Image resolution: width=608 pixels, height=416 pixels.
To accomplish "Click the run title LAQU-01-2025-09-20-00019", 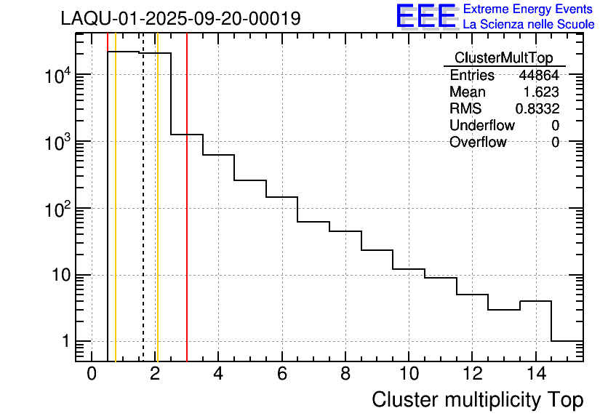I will (180, 19).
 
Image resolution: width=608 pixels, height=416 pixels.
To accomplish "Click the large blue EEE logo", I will (425, 16).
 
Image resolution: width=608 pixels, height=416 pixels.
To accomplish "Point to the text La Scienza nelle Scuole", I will (529, 25).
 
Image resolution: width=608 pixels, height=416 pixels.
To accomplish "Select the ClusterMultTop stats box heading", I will (503, 58).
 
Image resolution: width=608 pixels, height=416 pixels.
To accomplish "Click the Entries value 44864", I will (539, 76).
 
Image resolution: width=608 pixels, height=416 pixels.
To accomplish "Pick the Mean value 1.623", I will (541, 92).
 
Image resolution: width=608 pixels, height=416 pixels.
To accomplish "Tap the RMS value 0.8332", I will (537, 109).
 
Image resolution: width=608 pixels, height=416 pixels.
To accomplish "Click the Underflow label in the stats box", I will (482, 126).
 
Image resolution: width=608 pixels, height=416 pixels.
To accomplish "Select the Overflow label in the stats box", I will (478, 143).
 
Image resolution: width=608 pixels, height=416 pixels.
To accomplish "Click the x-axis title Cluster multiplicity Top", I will (477, 399).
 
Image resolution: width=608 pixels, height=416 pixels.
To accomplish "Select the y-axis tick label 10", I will (59, 276).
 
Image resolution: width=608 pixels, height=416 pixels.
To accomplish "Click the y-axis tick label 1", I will (65, 342).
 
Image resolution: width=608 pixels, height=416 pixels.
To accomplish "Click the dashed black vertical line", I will (143, 218).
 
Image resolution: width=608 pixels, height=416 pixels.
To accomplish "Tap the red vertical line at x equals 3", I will (187, 218).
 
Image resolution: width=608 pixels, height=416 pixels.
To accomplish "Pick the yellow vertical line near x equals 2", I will (157, 218).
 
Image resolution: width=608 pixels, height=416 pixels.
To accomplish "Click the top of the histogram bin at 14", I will (535, 301).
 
